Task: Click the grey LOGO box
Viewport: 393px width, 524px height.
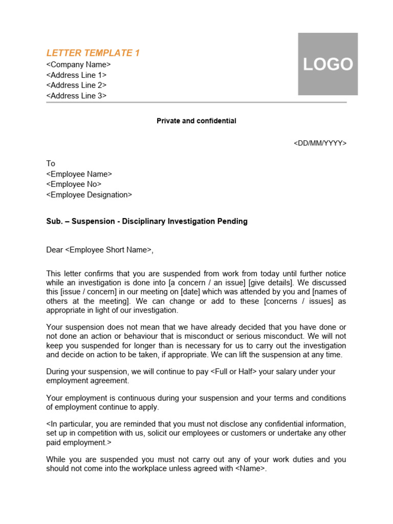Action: pyautogui.click(x=327, y=64)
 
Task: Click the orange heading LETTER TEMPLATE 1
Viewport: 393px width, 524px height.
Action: pyautogui.click(x=93, y=53)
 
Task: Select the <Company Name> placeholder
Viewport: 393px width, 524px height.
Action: pyautogui.click(x=78, y=64)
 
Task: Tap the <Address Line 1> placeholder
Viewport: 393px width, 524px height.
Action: pyautogui.click(x=76, y=75)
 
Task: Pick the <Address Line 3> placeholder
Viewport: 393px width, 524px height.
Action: pyautogui.click(x=76, y=96)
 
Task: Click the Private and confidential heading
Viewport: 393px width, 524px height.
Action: pyautogui.click(x=196, y=121)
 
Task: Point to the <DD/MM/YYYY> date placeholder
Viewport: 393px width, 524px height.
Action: pyautogui.click(x=320, y=143)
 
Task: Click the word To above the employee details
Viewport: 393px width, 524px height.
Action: pyautogui.click(x=51, y=164)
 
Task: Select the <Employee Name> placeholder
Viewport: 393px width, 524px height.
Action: pyautogui.click(x=79, y=174)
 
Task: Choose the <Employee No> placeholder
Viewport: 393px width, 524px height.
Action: pyautogui.click(x=74, y=184)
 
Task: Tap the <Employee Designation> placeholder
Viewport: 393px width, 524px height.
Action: pyautogui.click(x=89, y=195)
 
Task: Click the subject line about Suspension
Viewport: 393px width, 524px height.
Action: pyautogui.click(x=147, y=221)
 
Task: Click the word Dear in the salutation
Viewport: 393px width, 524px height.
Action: pyautogui.click(x=54, y=250)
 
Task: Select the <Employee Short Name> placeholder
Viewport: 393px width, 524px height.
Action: pyautogui.click(x=108, y=250)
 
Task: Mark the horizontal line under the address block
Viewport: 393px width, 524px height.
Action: pyautogui.click(x=196, y=102)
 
